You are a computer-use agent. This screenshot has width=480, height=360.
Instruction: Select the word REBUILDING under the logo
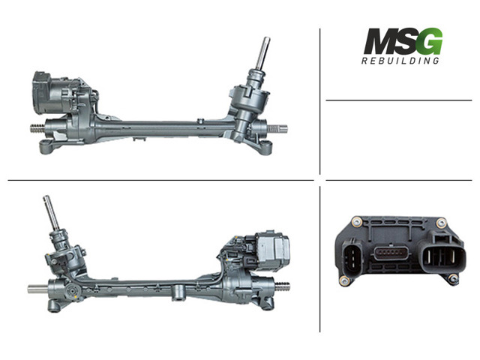pyautogui.click(x=400, y=61)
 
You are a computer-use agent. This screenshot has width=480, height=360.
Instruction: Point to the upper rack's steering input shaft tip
pyautogui.click(x=266, y=39)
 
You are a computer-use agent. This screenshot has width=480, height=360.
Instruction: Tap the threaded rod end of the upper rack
pyautogui.click(x=37, y=128)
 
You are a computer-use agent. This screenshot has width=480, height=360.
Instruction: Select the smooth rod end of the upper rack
pyautogui.click(x=277, y=129)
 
